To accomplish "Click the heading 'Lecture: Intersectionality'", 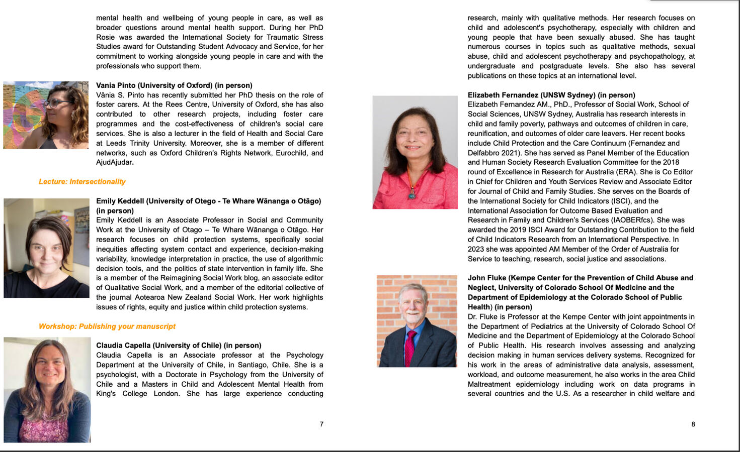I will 82,182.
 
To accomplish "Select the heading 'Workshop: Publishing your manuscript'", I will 107,326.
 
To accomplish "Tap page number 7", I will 321,424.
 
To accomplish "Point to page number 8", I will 693,424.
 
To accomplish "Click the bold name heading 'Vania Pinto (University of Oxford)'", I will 174,85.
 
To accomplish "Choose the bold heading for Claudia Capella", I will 179,346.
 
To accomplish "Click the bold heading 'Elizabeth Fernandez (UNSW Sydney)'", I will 551,95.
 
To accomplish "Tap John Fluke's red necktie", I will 410,347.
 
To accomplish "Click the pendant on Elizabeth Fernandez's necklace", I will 413,194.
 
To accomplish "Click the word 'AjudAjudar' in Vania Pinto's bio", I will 114,162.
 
